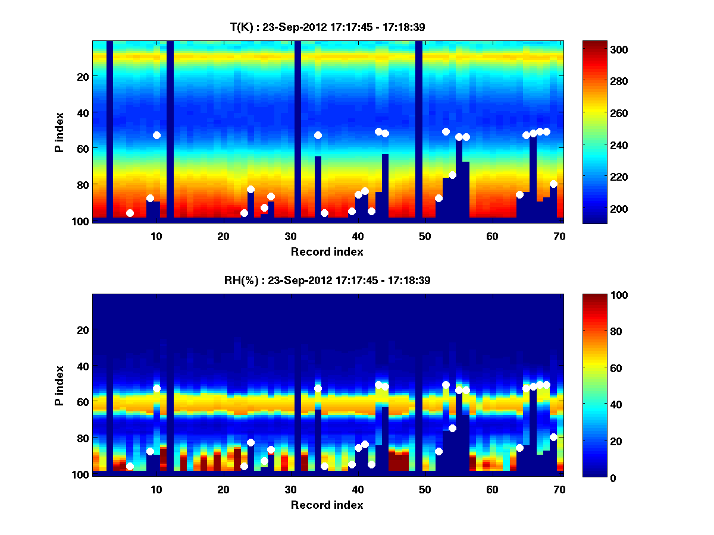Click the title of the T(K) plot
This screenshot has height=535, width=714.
click(x=327, y=27)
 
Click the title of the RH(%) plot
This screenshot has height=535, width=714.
click(x=327, y=281)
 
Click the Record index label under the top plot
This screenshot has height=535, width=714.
click(x=327, y=251)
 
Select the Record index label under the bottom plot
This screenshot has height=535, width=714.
click(x=327, y=505)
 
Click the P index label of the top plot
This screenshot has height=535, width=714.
click(x=59, y=132)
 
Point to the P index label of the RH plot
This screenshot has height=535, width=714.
click(x=59, y=385)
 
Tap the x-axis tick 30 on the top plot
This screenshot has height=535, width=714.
click(x=290, y=236)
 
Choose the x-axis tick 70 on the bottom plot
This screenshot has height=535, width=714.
click(x=559, y=489)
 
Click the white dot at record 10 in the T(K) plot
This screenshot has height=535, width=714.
click(x=156, y=135)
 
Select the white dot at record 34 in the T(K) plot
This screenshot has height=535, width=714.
click(x=318, y=135)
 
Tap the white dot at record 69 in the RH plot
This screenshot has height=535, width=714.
click(x=553, y=437)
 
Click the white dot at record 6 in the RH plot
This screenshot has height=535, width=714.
click(x=130, y=466)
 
